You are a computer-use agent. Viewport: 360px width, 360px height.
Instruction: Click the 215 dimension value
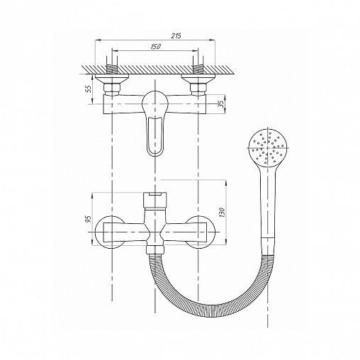click(176, 35)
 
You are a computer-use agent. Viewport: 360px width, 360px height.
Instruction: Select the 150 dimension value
click(155, 47)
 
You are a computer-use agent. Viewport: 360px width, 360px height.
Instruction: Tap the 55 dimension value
click(89, 89)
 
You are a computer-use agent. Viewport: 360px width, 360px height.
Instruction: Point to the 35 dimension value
click(221, 104)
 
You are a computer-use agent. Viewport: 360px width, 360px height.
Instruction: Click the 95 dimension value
click(89, 219)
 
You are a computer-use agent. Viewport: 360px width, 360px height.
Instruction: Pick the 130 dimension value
click(221, 213)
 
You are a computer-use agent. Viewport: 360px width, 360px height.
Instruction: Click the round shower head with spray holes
click(268, 148)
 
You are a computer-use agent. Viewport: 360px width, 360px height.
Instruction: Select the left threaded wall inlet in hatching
click(112, 69)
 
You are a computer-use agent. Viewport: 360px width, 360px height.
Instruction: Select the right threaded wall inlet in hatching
click(198, 69)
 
